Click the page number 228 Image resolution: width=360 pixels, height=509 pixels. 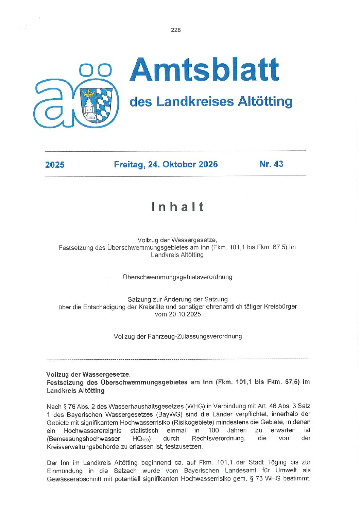click(x=176, y=30)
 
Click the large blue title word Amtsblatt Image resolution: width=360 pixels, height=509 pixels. click(x=204, y=70)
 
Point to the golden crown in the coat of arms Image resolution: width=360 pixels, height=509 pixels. click(x=89, y=93)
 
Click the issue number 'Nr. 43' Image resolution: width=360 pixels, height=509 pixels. click(x=271, y=164)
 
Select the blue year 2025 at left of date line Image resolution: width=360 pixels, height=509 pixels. click(x=55, y=165)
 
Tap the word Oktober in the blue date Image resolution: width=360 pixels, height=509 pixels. click(x=179, y=164)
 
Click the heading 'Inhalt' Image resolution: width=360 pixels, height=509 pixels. click(x=177, y=207)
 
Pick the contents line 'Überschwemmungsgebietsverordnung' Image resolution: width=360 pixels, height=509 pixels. click(x=177, y=277)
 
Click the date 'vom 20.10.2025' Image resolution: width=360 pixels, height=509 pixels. click(x=178, y=314)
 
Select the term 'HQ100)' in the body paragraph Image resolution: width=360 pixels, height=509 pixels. click(x=141, y=439)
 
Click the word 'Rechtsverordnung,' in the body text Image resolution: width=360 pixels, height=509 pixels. click(x=218, y=438)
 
